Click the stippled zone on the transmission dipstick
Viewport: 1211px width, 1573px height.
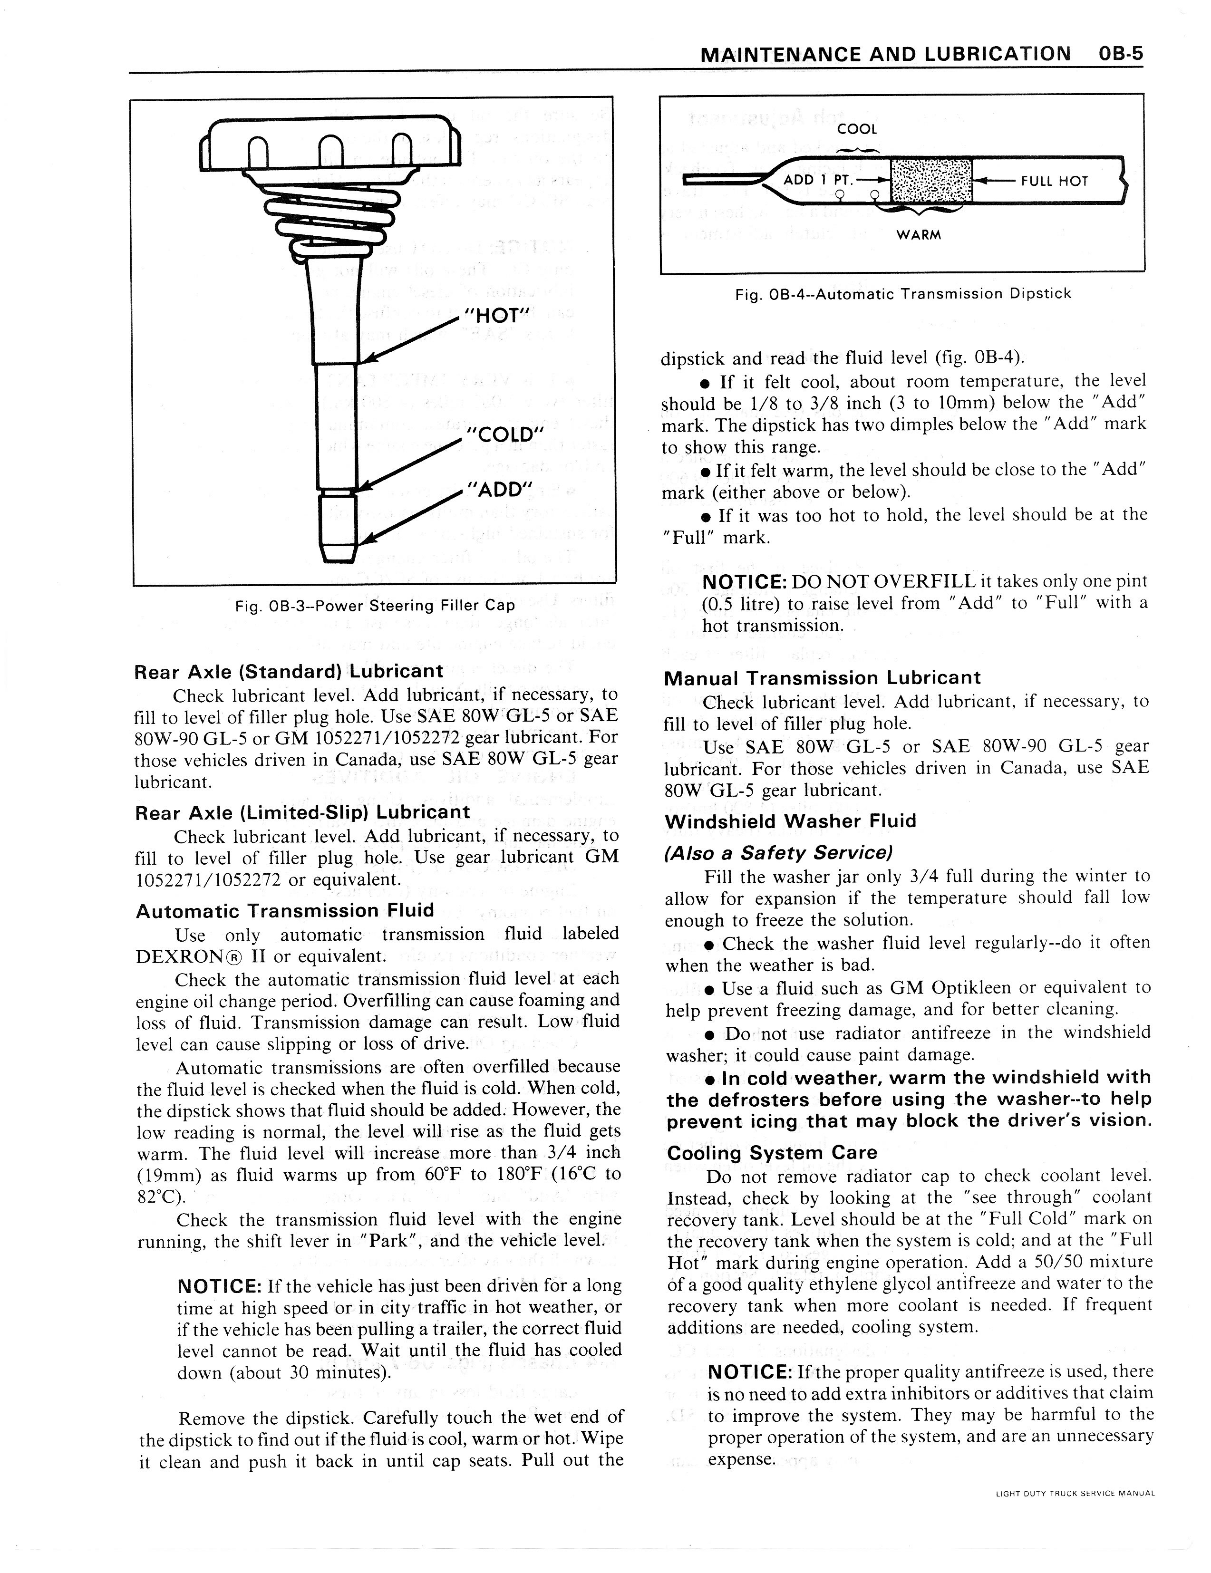click(931, 180)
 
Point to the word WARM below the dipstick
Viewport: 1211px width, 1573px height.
click(919, 235)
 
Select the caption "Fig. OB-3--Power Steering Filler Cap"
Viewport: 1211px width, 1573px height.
click(375, 606)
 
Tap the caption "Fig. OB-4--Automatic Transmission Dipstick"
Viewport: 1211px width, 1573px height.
click(903, 294)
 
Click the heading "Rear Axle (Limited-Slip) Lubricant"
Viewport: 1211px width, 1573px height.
click(302, 812)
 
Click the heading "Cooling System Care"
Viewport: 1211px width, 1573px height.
click(772, 1153)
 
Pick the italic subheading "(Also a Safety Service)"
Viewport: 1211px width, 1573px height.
click(778, 853)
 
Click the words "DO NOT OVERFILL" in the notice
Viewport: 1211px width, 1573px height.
click(884, 581)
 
